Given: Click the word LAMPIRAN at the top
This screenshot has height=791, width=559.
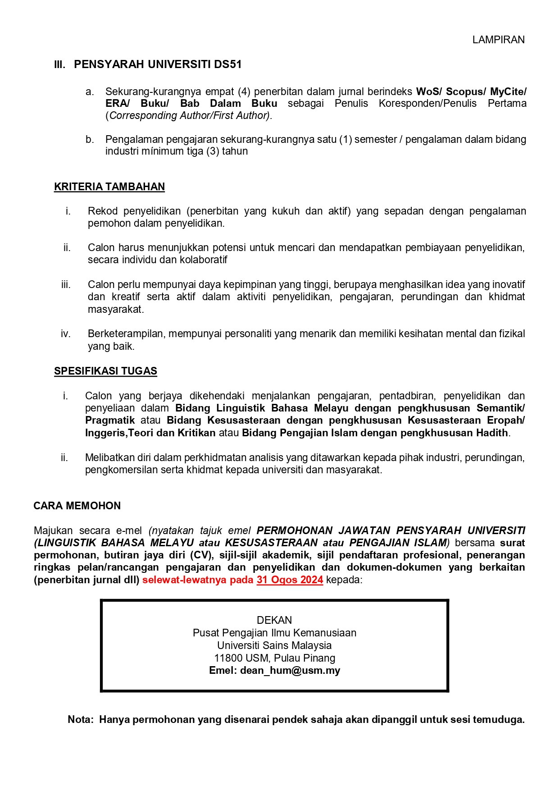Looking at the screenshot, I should coord(498,40).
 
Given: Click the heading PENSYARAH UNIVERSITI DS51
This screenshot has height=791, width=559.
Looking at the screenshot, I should coord(158,64).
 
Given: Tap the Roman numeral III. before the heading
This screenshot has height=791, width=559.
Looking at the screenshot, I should coord(59,65).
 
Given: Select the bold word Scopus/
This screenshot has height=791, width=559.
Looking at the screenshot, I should coord(466,91).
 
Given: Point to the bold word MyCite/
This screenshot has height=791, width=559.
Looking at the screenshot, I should coord(508,91).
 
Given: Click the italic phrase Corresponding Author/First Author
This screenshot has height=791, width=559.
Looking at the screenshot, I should coord(189,116).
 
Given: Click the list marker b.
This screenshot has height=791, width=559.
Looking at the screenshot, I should coord(90,140).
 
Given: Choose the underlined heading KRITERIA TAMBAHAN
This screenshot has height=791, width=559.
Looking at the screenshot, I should coord(109,187).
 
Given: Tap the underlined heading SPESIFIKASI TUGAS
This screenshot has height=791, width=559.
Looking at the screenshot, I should coord(105,371).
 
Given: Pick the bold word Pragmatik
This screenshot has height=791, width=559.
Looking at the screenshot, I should coord(110,421).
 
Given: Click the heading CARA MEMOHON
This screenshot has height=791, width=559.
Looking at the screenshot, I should coord(77,506).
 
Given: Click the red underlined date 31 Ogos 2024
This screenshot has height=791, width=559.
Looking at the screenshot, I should coord(290,580).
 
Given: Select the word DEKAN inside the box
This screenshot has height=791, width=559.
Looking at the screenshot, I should coord(274,620).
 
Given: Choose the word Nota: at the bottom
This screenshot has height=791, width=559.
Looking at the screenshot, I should coord(81,720).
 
